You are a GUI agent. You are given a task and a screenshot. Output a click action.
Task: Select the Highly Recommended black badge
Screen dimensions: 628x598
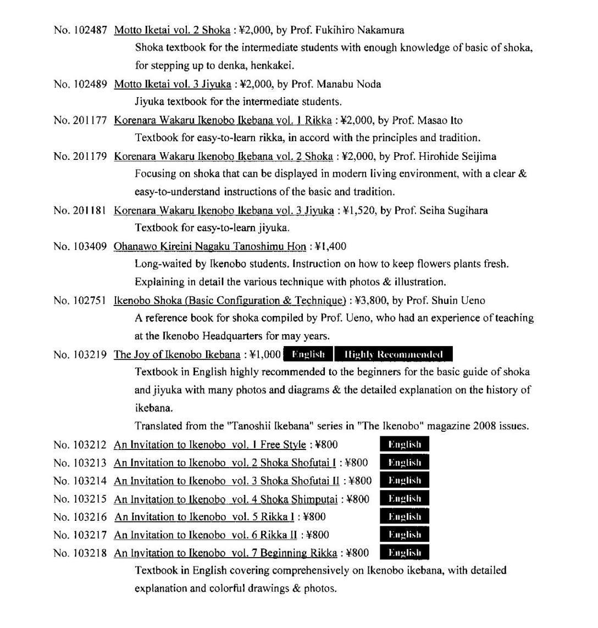click(394, 354)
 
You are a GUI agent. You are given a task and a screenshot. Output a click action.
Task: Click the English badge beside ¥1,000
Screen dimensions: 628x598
click(308, 354)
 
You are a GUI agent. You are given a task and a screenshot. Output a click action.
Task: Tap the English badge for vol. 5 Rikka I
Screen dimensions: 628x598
click(405, 516)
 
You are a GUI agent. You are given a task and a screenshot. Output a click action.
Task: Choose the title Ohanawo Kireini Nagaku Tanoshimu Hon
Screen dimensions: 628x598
click(209, 246)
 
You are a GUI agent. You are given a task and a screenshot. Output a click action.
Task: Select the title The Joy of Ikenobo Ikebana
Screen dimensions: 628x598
click(176, 355)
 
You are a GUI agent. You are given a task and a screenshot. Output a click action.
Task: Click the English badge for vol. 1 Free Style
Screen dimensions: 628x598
click(405, 444)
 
